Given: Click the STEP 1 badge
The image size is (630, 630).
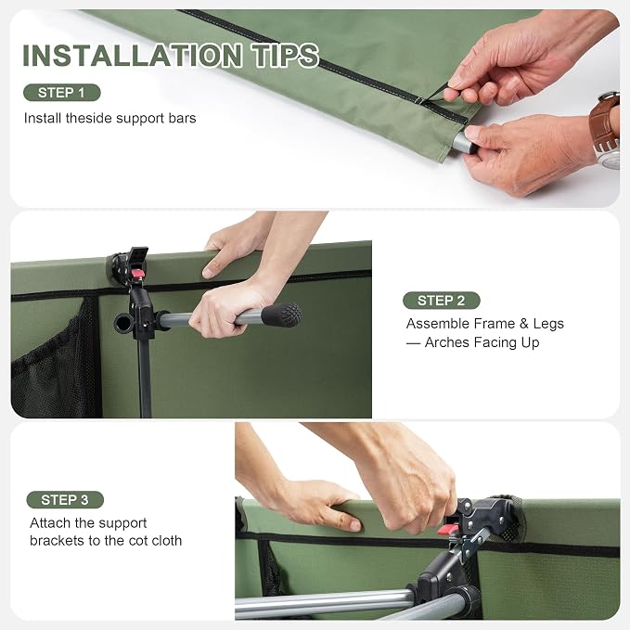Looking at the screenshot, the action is pos(62,93).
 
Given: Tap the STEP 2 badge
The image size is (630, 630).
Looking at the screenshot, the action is pos(441,301).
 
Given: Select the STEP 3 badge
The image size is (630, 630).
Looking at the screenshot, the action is pos(65,500).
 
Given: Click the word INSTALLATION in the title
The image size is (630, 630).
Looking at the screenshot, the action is pos(133,56).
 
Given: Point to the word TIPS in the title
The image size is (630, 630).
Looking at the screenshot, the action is pos(285,56).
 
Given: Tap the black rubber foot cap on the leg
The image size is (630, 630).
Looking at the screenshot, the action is pos(281,315).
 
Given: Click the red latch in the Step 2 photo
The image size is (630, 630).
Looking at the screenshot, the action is pos(138,274).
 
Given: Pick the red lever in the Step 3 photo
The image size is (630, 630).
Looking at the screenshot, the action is pos(448,529).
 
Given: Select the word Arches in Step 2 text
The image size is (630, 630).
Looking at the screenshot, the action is pos(447,342).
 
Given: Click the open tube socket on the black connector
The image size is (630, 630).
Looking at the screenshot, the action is pos(123,323).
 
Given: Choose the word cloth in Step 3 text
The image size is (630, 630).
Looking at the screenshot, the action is pos(167,541).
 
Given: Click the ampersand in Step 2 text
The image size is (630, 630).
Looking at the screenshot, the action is pos(523,324).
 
